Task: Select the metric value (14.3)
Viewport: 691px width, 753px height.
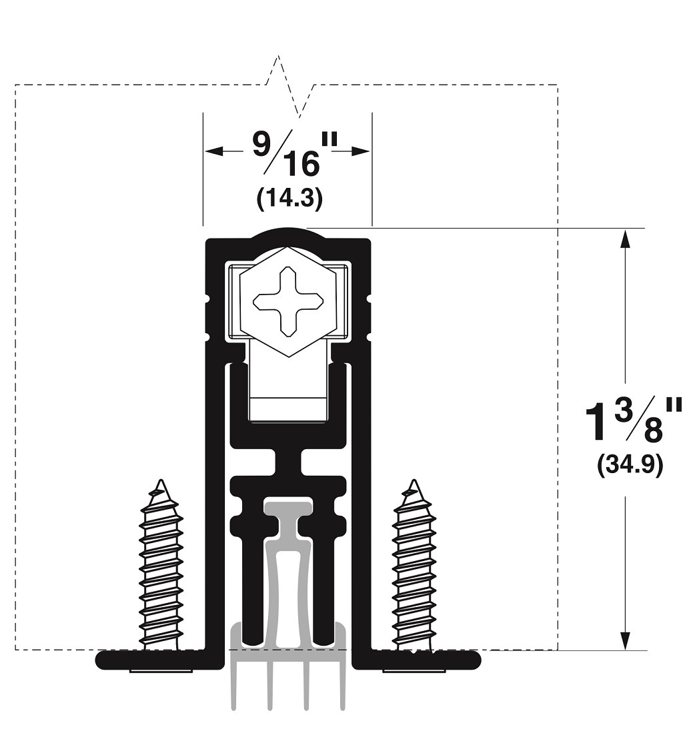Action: [289, 199]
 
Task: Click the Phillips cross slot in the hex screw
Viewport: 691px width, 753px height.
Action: [287, 301]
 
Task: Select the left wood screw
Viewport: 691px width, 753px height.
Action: [161, 566]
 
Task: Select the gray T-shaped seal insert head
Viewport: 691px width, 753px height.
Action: [288, 510]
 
